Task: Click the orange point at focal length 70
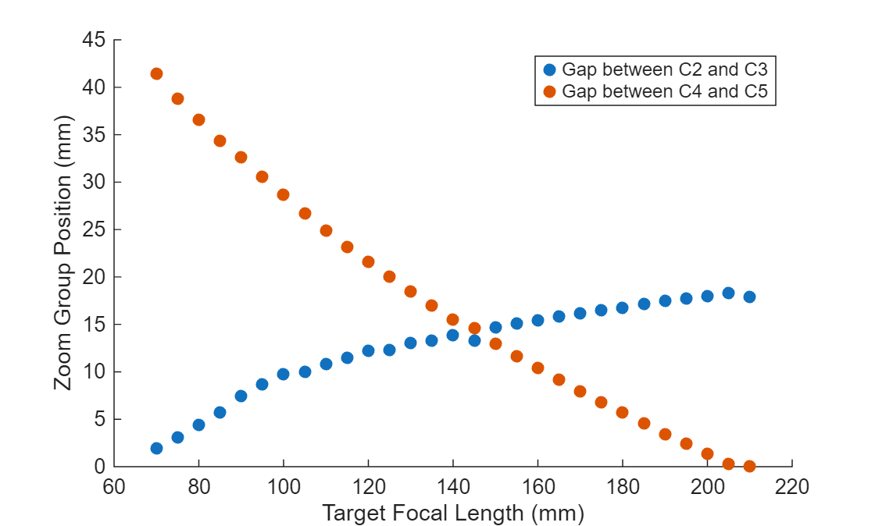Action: (x=156, y=74)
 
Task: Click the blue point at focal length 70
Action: (x=156, y=448)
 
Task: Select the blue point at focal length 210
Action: (x=749, y=297)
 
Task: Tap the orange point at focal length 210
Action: (x=749, y=466)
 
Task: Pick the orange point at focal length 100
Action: (x=283, y=194)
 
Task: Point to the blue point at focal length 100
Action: (x=283, y=374)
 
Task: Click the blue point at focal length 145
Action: (x=474, y=340)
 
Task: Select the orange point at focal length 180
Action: (x=622, y=412)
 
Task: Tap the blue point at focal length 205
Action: (x=728, y=293)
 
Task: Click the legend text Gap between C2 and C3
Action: (x=664, y=69)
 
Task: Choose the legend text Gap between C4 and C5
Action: (x=664, y=91)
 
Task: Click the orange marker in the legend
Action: (x=548, y=91)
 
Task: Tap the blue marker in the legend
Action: (x=548, y=69)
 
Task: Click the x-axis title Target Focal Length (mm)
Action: (x=453, y=513)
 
